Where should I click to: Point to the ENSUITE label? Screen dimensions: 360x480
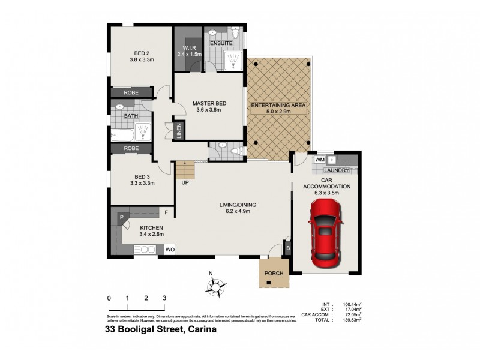(221, 43)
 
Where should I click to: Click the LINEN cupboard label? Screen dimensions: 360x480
(179, 131)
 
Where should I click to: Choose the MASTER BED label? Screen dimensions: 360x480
(207, 104)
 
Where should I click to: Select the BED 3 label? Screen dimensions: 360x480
(141, 176)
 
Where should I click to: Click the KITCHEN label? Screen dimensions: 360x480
(151, 228)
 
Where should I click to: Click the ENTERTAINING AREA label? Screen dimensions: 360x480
(279, 106)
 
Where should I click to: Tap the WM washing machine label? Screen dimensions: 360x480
(320, 160)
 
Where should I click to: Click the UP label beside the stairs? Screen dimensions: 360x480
(185, 182)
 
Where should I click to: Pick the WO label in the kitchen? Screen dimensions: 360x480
(170, 248)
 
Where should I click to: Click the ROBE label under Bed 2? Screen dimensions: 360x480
(131, 93)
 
